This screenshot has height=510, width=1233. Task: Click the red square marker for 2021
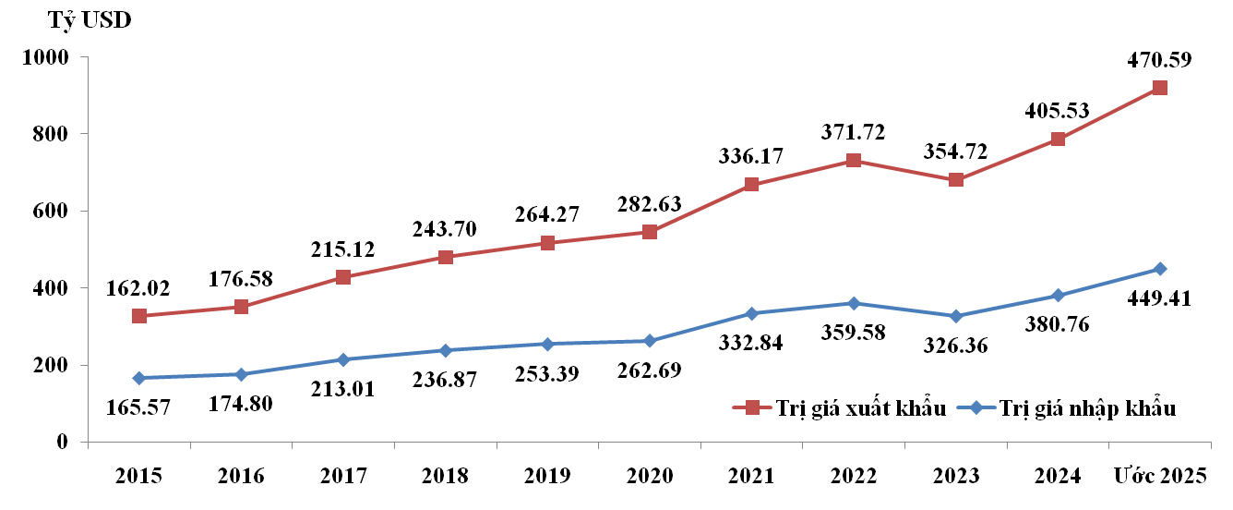click(751, 185)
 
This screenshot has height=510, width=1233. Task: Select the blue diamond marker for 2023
click(956, 316)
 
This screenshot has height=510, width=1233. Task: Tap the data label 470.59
click(1159, 61)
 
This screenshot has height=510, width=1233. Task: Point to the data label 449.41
click(1159, 298)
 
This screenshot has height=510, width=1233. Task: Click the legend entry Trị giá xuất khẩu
click(841, 408)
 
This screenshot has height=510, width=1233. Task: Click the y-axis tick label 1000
click(47, 57)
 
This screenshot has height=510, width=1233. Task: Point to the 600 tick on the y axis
click(53, 212)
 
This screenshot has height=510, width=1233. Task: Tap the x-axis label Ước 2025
click(1159, 476)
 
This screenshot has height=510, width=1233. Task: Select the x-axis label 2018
click(445, 476)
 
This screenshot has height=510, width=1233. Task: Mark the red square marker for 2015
click(139, 316)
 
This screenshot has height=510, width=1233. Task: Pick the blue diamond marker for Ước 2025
click(1160, 269)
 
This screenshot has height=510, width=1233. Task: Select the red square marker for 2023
click(956, 179)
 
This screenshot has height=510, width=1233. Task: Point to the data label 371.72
click(854, 132)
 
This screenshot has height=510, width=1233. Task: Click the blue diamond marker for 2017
click(343, 359)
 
